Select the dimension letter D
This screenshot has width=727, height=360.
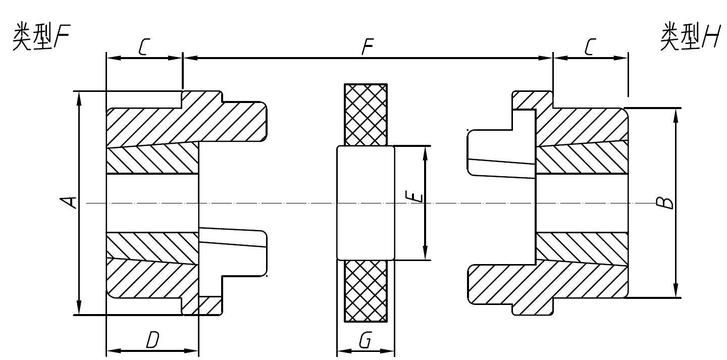152,341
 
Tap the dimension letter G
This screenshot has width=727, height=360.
365,342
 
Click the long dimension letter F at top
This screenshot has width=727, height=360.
367,48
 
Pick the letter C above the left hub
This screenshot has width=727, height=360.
143,47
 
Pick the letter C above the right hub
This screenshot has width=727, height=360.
591,47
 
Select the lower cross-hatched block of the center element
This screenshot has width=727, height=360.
366,291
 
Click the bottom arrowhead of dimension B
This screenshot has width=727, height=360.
676,292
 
